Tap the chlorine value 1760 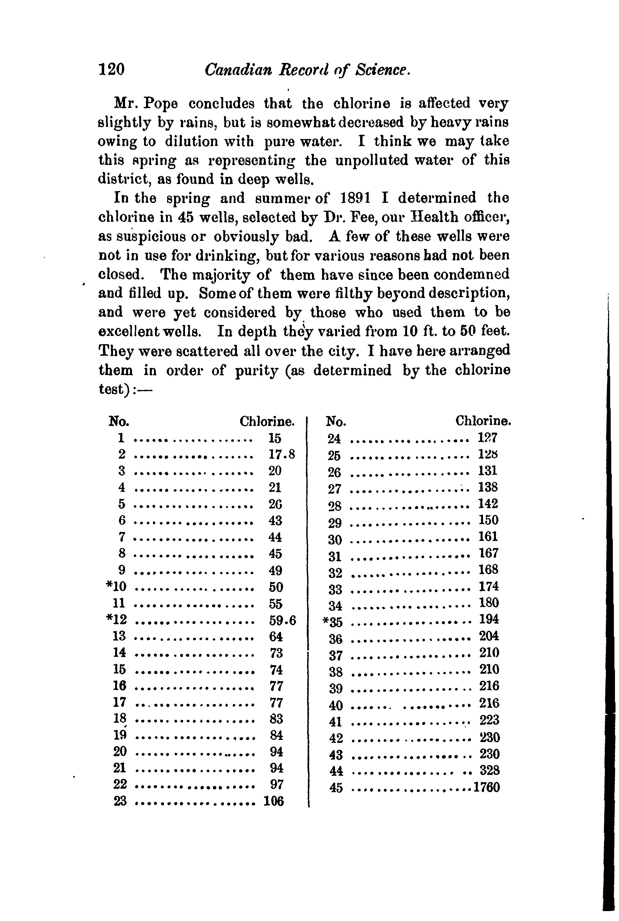(486, 788)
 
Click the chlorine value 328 (489, 770)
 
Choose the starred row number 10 (116, 587)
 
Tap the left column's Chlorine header (267, 422)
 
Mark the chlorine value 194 (489, 619)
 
